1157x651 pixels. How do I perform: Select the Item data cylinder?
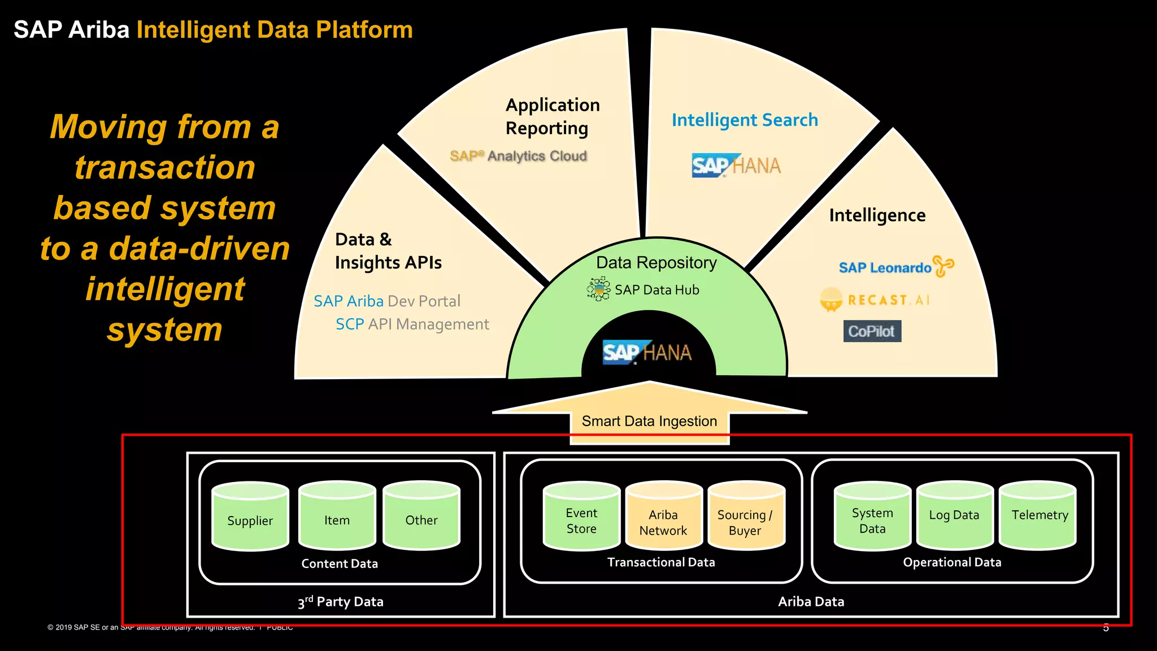click(x=337, y=517)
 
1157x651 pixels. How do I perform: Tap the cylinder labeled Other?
click(x=421, y=517)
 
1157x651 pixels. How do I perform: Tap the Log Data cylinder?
click(x=954, y=517)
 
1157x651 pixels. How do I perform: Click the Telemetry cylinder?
click(x=1038, y=517)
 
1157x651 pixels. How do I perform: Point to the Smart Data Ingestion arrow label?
click(x=649, y=422)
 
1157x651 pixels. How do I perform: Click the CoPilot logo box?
click(x=872, y=331)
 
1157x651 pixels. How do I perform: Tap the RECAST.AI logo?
click(x=875, y=300)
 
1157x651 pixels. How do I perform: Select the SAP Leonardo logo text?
click(x=885, y=268)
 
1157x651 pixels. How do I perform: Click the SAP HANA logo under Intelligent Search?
click(x=736, y=166)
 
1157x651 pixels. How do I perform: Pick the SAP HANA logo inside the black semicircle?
click(x=647, y=353)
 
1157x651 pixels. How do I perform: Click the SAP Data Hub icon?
click(x=598, y=289)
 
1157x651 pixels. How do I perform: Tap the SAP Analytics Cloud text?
click(x=518, y=156)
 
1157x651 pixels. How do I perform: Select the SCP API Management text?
click(x=412, y=324)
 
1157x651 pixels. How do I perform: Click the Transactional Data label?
click(x=661, y=562)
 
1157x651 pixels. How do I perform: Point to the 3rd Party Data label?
click(x=341, y=602)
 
